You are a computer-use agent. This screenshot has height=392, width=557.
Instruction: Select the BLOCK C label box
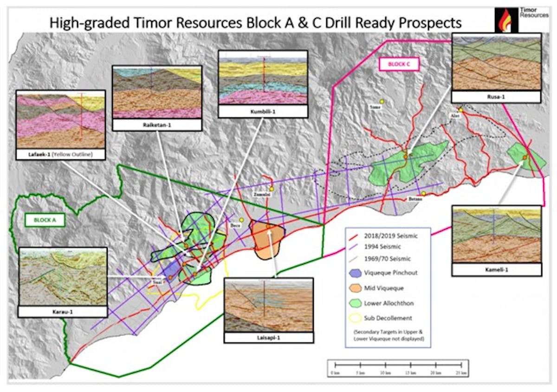pos(399,64)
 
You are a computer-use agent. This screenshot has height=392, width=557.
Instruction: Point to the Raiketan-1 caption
pos(157,125)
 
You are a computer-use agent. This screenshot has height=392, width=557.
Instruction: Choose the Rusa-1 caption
pos(496,97)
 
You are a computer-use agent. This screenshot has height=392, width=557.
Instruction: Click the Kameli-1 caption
pos(496,270)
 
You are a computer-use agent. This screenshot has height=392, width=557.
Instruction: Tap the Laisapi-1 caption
pos(268,337)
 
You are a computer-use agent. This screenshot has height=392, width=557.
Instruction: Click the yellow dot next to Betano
pos(423,194)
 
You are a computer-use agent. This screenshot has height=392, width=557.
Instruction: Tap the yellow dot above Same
pos(382,101)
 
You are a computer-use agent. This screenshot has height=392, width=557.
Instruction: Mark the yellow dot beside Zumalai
pos(272,189)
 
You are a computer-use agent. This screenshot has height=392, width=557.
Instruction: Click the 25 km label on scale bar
pos(460,373)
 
